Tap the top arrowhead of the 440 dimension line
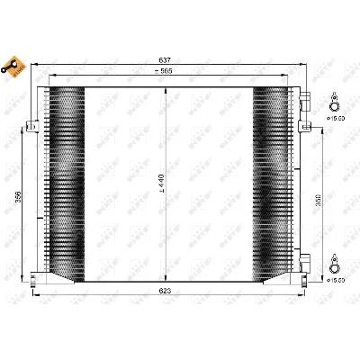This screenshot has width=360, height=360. (x=163, y=88)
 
